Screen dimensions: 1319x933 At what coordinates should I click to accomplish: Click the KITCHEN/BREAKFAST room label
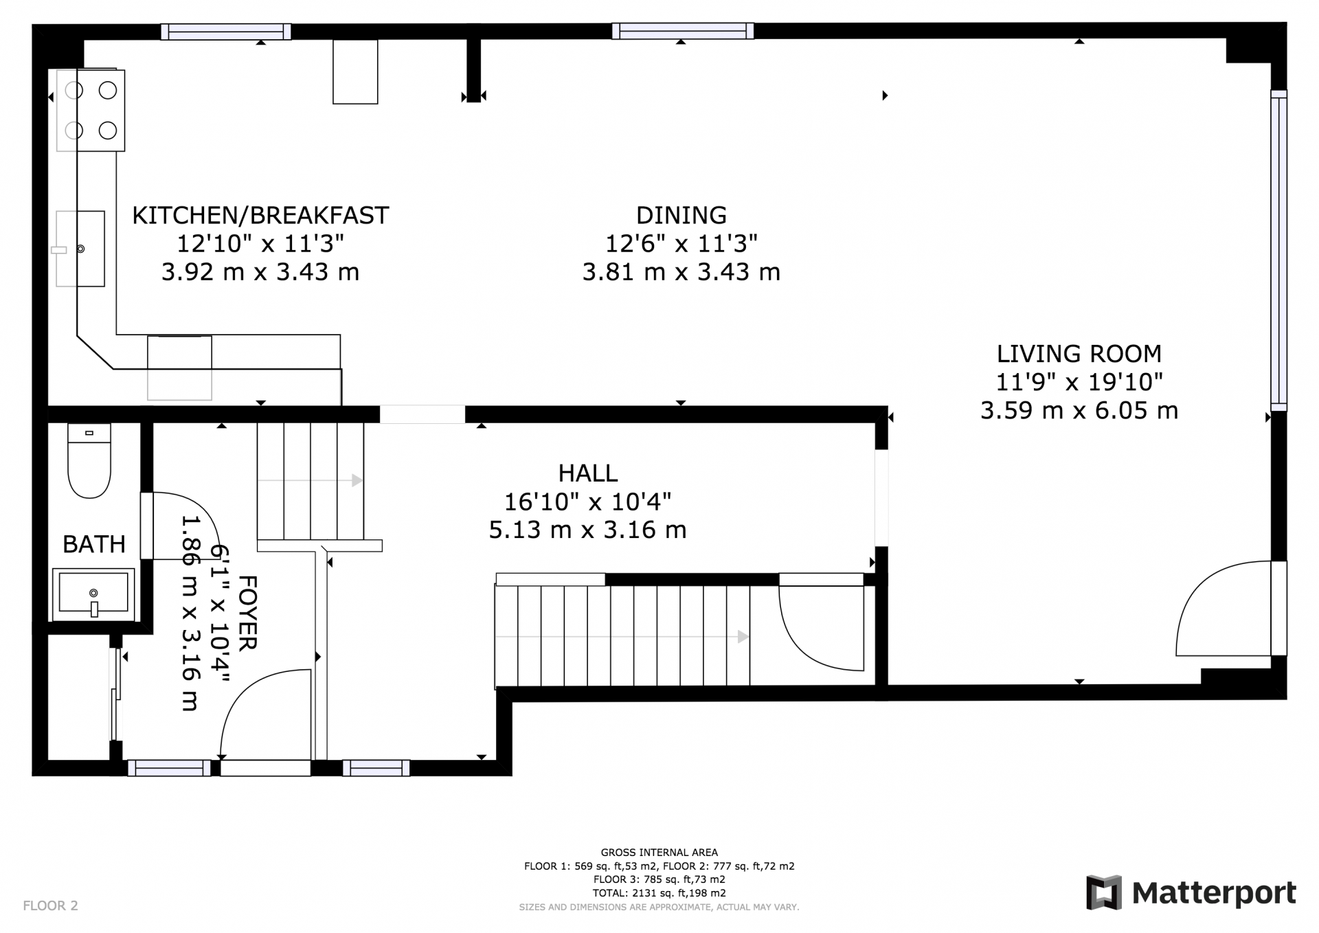pyautogui.click(x=260, y=216)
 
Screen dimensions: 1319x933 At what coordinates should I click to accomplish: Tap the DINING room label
pyautogui.click(x=681, y=216)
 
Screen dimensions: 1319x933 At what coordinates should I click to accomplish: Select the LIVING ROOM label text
pyautogui.click(x=1079, y=354)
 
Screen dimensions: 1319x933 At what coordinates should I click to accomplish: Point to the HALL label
pyautogui.click(x=588, y=473)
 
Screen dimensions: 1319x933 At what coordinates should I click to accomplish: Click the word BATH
pyautogui.click(x=94, y=545)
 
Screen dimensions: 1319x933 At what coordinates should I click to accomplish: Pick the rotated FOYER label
pyautogui.click(x=247, y=613)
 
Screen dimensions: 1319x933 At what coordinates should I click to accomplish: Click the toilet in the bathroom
pyautogui.click(x=89, y=460)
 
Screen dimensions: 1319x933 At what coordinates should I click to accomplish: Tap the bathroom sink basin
pyautogui.click(x=93, y=594)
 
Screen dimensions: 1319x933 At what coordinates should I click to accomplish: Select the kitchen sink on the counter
pyautogui.click(x=80, y=249)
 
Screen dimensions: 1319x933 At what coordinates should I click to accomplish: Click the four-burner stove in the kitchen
pyautogui.click(x=91, y=110)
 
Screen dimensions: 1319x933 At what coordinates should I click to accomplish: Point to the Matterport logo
pyautogui.click(x=1191, y=893)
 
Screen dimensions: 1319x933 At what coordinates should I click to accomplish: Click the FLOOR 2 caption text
pyautogui.click(x=51, y=906)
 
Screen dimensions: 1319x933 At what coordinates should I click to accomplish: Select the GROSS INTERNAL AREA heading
pyautogui.click(x=659, y=853)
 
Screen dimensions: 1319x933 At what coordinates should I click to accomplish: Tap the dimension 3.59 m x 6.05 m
pyautogui.click(x=1079, y=411)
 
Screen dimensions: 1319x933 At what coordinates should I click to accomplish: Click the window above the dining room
pyautogui.click(x=683, y=31)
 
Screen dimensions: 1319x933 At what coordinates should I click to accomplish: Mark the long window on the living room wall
pyautogui.click(x=1278, y=250)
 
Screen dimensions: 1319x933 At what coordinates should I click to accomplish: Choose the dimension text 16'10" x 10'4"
pyautogui.click(x=588, y=502)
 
